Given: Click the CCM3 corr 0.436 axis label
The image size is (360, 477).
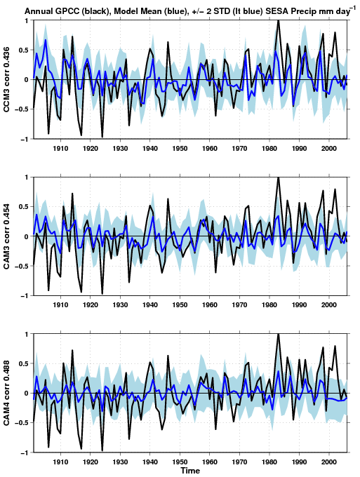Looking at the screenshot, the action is (7, 79).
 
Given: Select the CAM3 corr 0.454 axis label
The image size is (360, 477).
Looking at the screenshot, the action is (7, 236).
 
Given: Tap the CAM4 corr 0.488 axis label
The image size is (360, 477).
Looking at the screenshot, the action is (7, 393).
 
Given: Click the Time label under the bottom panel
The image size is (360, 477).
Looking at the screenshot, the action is (190, 471).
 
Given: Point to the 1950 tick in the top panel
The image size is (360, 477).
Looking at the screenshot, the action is (180, 149).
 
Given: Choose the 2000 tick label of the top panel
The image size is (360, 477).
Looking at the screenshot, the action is (329, 149).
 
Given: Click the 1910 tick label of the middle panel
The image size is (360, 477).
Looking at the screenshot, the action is (60, 305).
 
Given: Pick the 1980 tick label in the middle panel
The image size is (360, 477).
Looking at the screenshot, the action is (269, 305).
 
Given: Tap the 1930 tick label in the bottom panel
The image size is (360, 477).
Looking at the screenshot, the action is (120, 462).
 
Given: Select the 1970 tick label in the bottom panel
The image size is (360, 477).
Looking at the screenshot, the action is (239, 462).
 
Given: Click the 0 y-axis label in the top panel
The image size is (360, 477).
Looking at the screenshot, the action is (27, 80).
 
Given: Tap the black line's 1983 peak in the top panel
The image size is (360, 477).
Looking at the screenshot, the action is (278, 20).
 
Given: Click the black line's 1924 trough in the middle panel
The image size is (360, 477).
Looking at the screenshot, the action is (102, 293).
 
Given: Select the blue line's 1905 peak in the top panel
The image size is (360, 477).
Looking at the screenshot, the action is (46, 40).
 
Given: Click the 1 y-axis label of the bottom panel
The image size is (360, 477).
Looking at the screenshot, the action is (27, 334).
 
